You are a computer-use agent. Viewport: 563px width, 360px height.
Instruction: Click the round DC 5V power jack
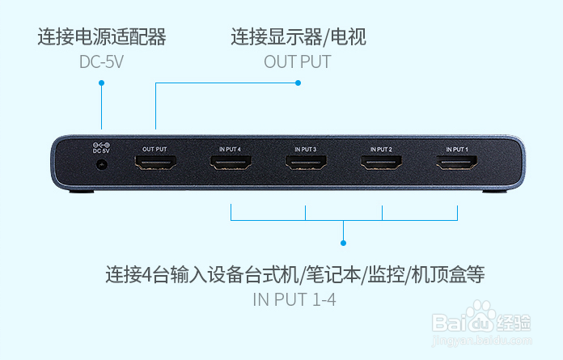click(102, 164)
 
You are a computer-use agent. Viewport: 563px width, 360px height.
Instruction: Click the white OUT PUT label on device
click(155, 149)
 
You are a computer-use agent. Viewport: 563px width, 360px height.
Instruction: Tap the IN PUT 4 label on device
click(231, 149)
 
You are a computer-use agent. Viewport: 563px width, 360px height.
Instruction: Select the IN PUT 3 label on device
click(306, 149)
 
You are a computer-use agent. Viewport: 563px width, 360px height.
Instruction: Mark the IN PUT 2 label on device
click(381, 149)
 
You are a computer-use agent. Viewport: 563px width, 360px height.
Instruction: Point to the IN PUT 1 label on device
click(457, 149)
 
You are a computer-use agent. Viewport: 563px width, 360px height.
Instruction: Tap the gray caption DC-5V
click(102, 61)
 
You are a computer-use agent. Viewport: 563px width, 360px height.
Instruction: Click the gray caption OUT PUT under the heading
click(298, 61)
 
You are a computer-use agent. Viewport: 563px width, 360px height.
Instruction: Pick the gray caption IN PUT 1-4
click(294, 299)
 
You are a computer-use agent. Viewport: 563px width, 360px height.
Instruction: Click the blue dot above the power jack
click(102, 83)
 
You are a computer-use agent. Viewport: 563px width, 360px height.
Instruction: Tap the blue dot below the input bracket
click(344, 242)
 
